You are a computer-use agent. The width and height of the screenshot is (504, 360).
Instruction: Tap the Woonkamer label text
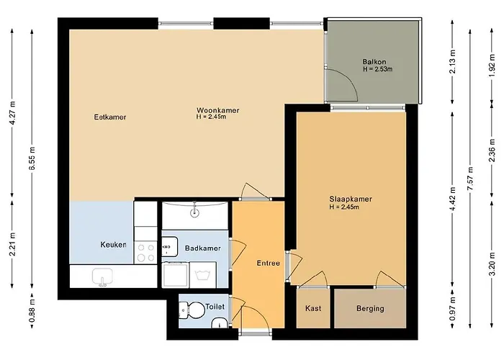click(217, 110)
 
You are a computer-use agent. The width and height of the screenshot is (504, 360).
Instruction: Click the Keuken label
click(113, 245)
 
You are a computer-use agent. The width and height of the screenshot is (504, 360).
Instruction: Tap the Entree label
click(268, 264)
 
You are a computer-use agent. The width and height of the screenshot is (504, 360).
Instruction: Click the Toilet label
click(215, 307)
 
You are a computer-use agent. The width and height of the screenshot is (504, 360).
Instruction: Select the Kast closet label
click(313, 309)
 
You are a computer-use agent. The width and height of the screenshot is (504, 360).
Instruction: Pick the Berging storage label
click(370, 309)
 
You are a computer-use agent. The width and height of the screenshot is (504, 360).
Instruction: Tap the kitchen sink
click(103, 276)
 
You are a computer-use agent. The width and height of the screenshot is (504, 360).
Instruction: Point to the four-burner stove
click(146, 251)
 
